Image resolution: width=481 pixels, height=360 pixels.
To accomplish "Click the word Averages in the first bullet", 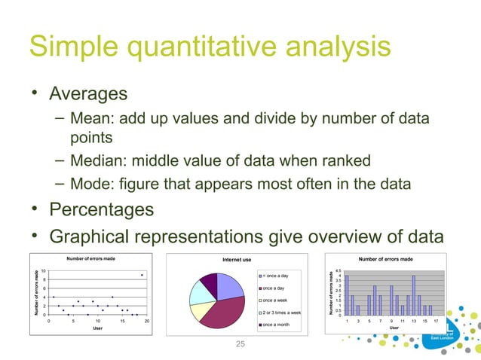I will click(x=87, y=95).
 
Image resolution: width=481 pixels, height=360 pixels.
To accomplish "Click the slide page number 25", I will click(x=240, y=344).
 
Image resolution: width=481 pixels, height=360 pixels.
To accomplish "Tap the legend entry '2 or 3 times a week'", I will click(x=282, y=312).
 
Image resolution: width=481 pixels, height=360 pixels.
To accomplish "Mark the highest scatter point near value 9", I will click(x=142, y=275).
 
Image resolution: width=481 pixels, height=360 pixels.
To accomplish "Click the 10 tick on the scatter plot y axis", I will click(x=44, y=270).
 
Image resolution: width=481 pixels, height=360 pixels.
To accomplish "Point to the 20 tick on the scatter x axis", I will click(x=147, y=321).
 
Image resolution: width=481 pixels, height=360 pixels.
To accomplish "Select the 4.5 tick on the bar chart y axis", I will click(x=339, y=270).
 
